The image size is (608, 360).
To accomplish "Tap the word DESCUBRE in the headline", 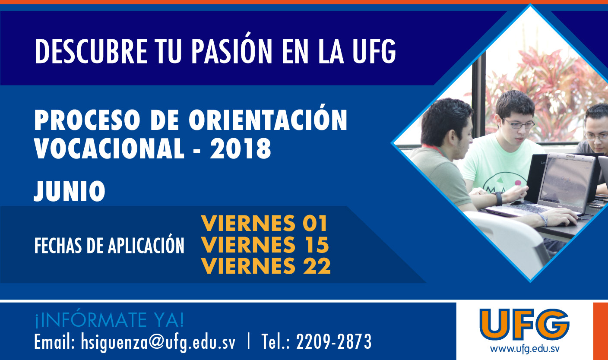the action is coord(91,51).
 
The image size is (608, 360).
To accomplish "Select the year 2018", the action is coord(241,148).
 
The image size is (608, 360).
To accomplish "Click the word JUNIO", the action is coord(70,191).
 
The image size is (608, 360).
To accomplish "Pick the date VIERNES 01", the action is coord(264,223).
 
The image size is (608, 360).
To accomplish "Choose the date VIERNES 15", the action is coord(265,244).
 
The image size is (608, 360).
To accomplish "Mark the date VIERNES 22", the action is coord(266,266).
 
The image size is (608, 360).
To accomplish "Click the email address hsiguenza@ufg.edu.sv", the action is coord(158,342).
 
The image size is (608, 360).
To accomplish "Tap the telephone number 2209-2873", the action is coord(334,341).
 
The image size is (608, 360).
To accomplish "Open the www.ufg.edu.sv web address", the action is coord(524,349).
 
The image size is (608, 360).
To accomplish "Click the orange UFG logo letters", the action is coord(524,325).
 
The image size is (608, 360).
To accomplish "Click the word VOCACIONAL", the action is coord(109,148).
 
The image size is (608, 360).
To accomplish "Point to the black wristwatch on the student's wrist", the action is coord(498,199).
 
